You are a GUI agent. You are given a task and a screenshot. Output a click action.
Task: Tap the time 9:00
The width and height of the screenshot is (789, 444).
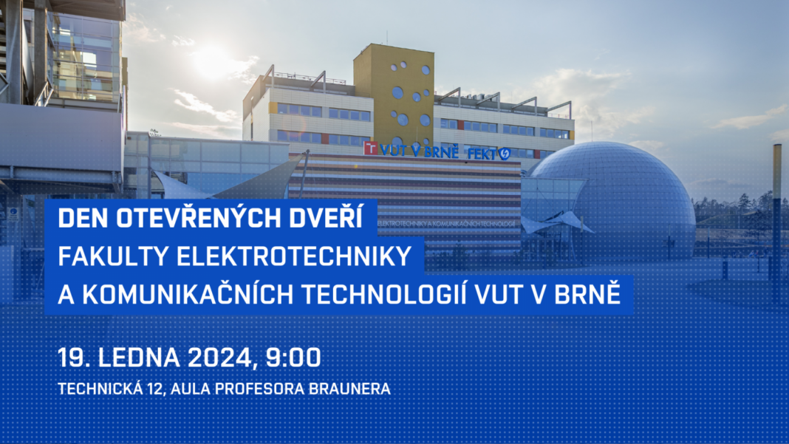pyautogui.click(x=293, y=358)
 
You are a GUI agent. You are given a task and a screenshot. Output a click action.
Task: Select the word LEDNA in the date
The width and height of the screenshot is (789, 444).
pyautogui.click(x=139, y=358)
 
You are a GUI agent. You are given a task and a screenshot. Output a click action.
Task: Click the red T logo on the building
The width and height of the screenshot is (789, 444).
pyautogui.click(x=370, y=148)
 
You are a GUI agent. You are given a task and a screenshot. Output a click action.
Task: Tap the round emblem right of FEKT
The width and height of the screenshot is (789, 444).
pyautogui.click(x=504, y=154)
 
